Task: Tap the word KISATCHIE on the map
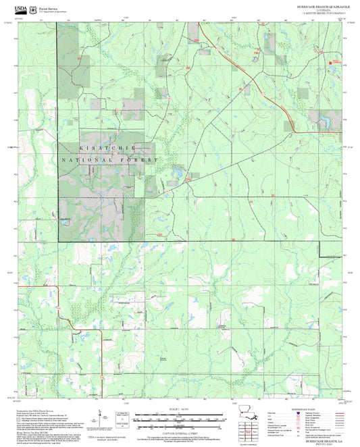(108, 147)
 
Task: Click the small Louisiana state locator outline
(249, 413)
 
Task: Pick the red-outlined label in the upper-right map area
(334, 61)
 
